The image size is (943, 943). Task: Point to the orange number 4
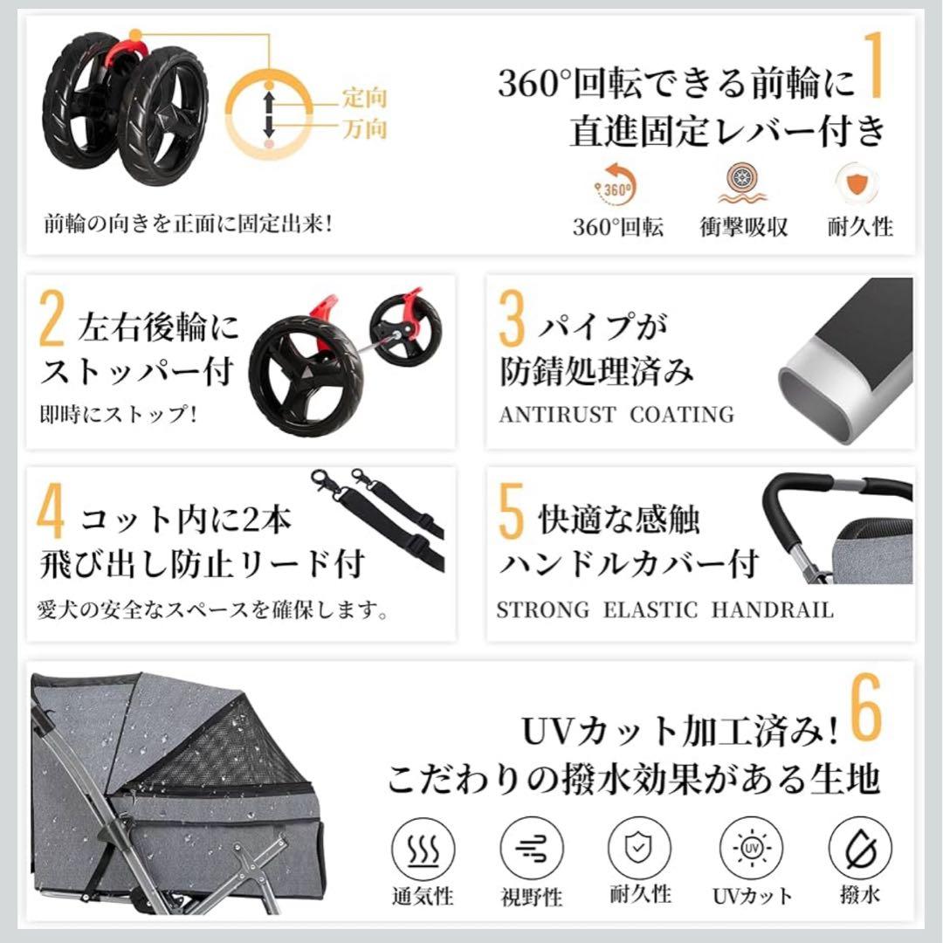click(x=52, y=515)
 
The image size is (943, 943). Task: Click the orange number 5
click(x=511, y=515)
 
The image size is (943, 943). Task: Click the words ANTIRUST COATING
click(x=616, y=415)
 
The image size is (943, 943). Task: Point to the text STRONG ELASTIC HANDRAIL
click(x=664, y=609)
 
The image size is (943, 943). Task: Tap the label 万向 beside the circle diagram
click(x=364, y=130)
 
